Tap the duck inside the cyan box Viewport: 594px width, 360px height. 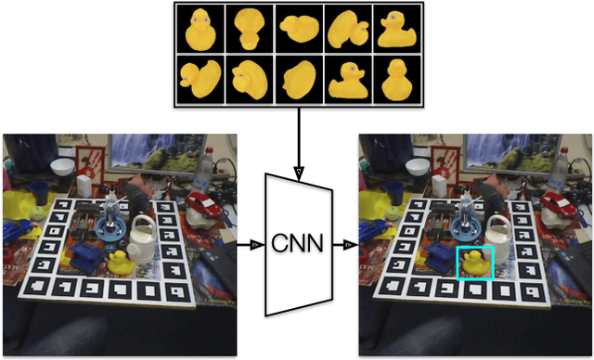click(474, 261)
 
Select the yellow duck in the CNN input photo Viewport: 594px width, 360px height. click(120, 262)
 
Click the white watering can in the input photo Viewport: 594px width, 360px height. click(145, 236)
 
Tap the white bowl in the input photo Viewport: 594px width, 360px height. click(63, 167)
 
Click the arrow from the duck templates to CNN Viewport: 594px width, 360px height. click(297, 139)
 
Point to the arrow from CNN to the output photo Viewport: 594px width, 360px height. click(345, 245)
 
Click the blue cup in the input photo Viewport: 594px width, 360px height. click(39, 193)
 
